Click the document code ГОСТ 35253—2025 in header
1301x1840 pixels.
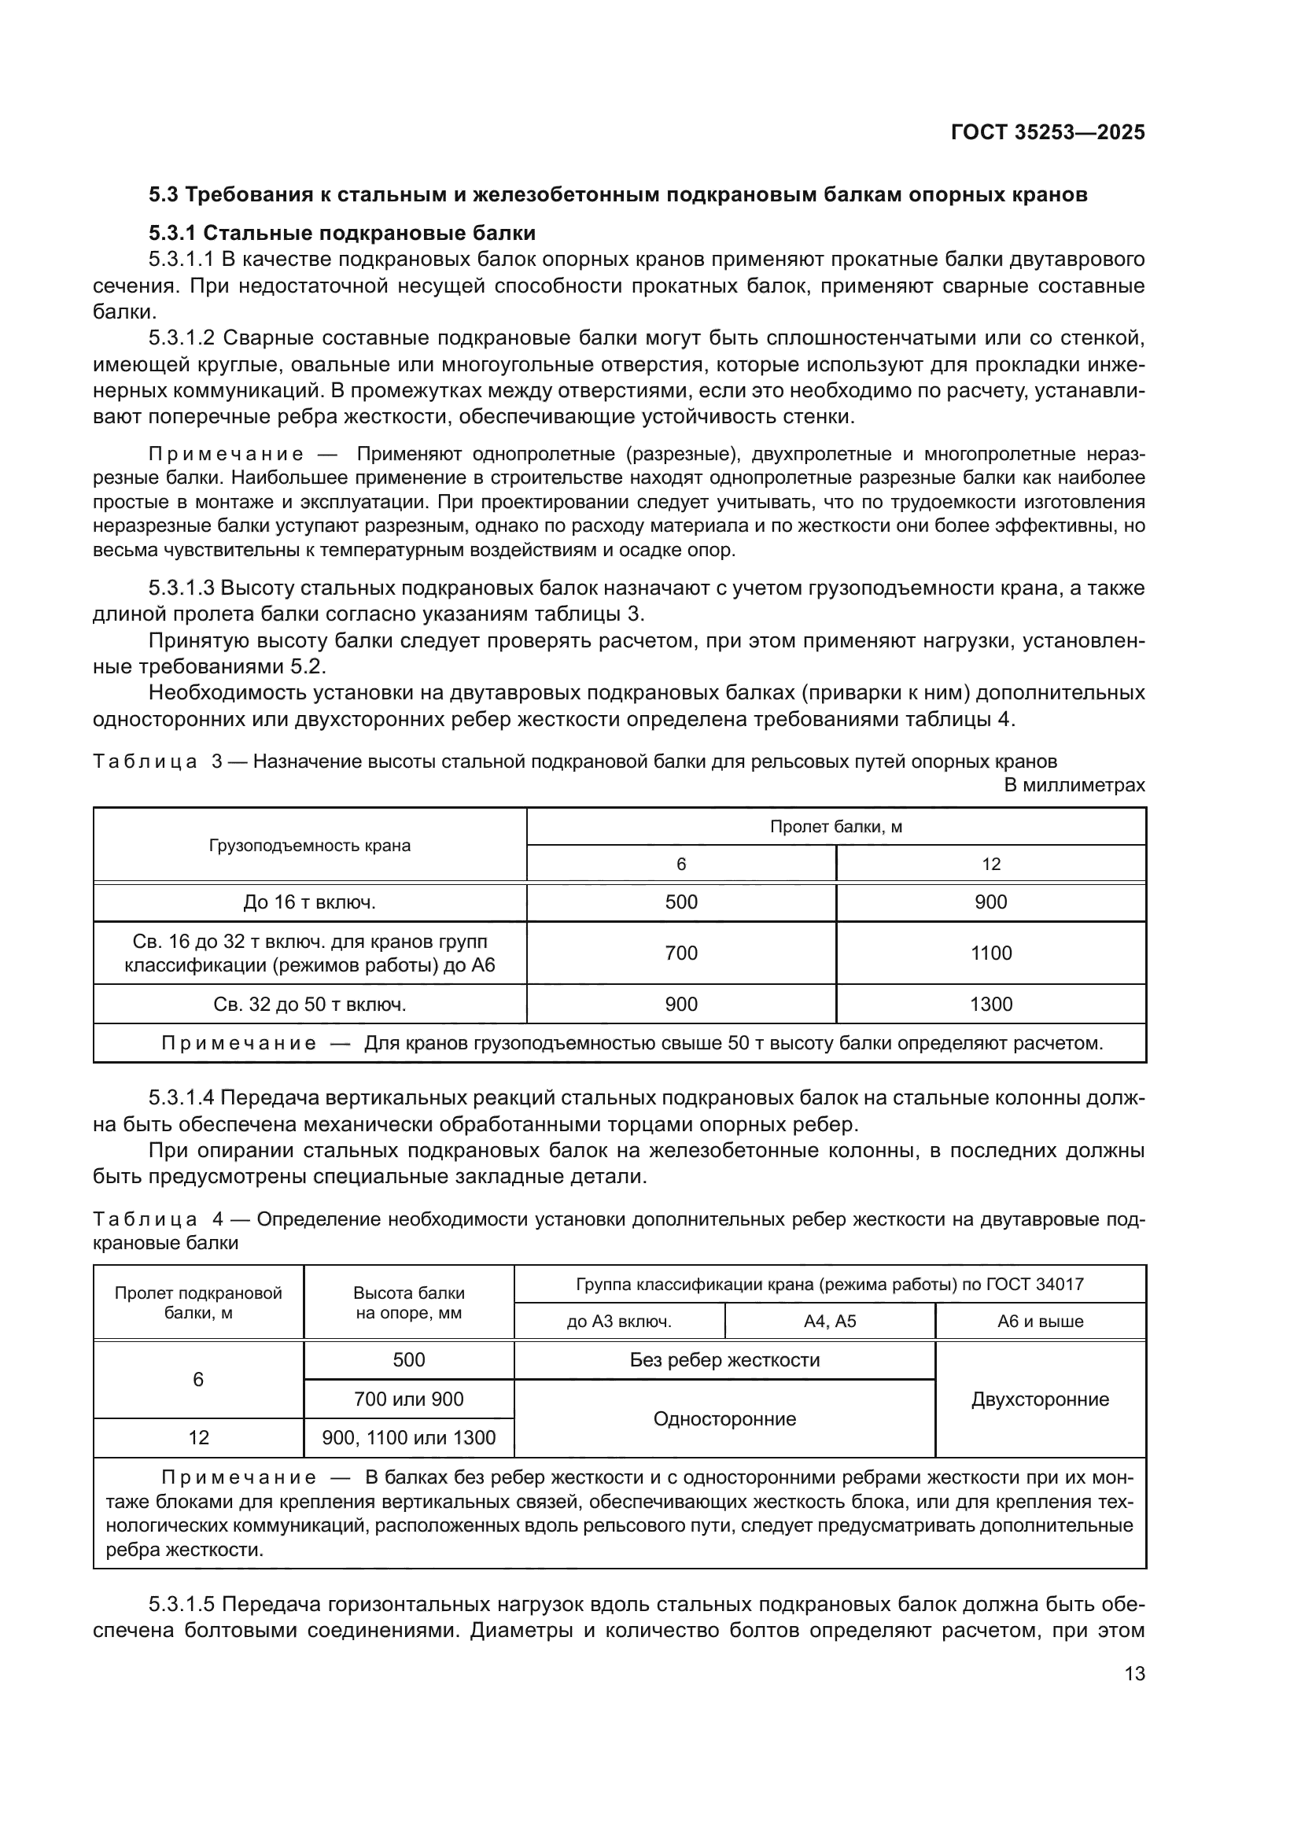[x=1047, y=132]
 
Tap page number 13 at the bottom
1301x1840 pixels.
[x=1134, y=1673]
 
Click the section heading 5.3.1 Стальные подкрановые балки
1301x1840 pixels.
[x=342, y=233]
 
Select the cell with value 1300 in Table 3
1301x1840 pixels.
[x=990, y=1004]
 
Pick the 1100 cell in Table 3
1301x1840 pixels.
[x=990, y=953]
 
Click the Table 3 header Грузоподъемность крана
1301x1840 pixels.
[x=309, y=846]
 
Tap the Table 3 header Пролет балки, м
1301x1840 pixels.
[x=835, y=826]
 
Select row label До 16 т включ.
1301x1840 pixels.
[x=309, y=902]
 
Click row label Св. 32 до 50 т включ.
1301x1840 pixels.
[x=309, y=1004]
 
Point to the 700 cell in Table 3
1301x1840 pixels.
[x=681, y=953]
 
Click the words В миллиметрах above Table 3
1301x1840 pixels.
[x=1074, y=785]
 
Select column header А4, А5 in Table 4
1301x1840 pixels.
[x=829, y=1322]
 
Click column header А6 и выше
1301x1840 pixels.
[x=1040, y=1322]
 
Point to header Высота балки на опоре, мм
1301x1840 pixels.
[x=408, y=1302]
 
